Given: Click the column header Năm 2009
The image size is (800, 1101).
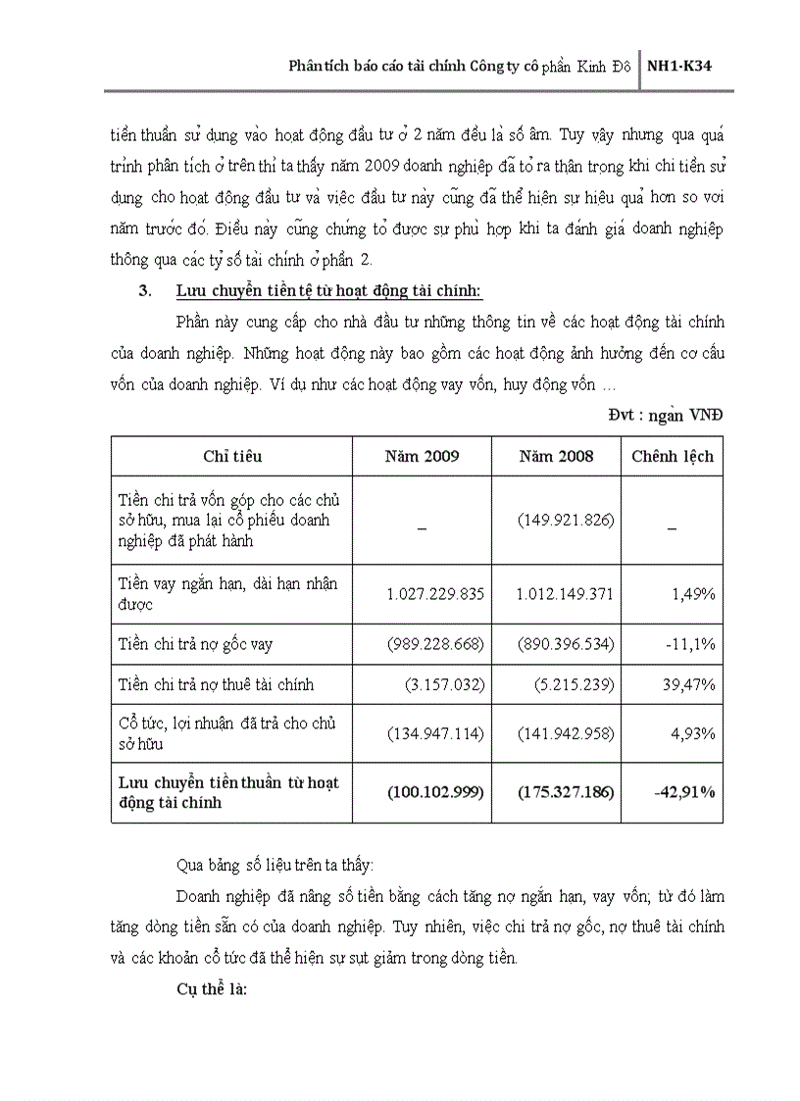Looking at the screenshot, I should (x=422, y=457).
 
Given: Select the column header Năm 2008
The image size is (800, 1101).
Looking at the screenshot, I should (x=556, y=457).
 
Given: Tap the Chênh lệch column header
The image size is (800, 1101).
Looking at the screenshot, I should (x=673, y=457).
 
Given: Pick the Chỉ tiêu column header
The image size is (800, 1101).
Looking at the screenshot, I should (x=232, y=457).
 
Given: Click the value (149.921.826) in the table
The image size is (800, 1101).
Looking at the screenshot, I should (x=567, y=520).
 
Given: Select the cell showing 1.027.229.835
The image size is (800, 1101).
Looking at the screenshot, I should (x=436, y=594).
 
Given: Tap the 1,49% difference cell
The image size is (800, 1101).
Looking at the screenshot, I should (x=692, y=594).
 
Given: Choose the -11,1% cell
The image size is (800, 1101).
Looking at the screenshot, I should (x=691, y=644).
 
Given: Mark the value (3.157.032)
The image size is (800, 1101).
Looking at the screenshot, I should (x=443, y=684).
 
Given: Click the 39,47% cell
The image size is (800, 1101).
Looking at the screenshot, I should (x=689, y=684).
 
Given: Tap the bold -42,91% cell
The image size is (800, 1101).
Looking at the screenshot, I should (x=683, y=791).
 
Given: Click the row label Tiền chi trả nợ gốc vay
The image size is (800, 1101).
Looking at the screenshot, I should (x=195, y=644).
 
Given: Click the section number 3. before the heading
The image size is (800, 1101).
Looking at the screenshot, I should (x=147, y=291).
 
